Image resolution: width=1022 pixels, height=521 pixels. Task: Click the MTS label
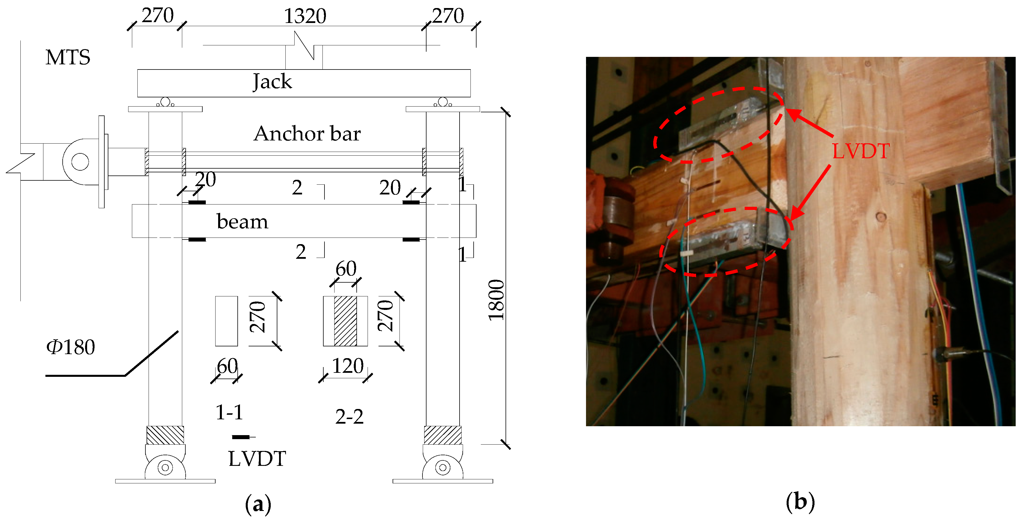click(68, 57)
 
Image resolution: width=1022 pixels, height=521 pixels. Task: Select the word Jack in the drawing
click(272, 82)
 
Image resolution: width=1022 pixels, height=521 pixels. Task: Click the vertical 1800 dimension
click(496, 300)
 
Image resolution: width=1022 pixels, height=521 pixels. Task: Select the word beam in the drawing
click(242, 222)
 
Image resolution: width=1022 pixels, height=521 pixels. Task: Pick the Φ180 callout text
click(71, 347)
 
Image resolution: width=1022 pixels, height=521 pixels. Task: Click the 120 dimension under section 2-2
click(347, 366)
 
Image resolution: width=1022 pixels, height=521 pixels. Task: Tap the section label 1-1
click(229, 412)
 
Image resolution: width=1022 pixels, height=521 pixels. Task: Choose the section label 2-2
click(349, 417)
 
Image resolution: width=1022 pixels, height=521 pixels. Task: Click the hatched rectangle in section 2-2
click(345, 321)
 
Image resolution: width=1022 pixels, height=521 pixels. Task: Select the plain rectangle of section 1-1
click(226, 321)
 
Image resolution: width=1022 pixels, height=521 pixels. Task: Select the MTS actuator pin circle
click(80, 162)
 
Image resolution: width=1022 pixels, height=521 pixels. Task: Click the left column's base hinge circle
click(165, 468)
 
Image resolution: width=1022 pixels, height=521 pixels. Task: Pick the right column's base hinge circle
click(443, 468)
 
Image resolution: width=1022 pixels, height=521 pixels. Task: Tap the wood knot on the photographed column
click(881, 217)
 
